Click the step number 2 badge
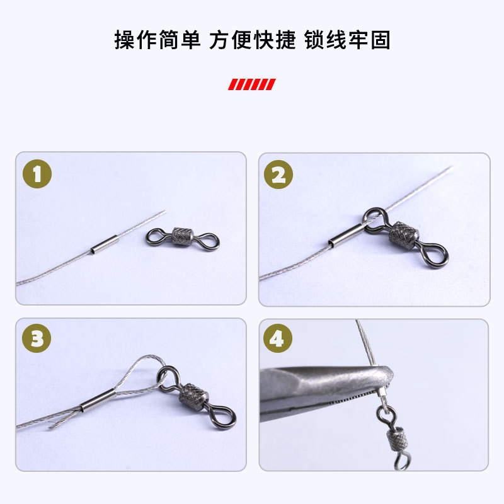(x=278, y=175)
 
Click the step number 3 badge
(x=37, y=340)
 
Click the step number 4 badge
(x=278, y=340)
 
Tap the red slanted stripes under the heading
(x=251, y=84)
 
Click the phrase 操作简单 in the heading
(x=157, y=40)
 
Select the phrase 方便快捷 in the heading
(x=253, y=40)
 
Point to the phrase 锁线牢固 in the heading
(x=347, y=40)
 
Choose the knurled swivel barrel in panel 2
(x=402, y=238)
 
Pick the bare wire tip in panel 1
(x=162, y=213)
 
